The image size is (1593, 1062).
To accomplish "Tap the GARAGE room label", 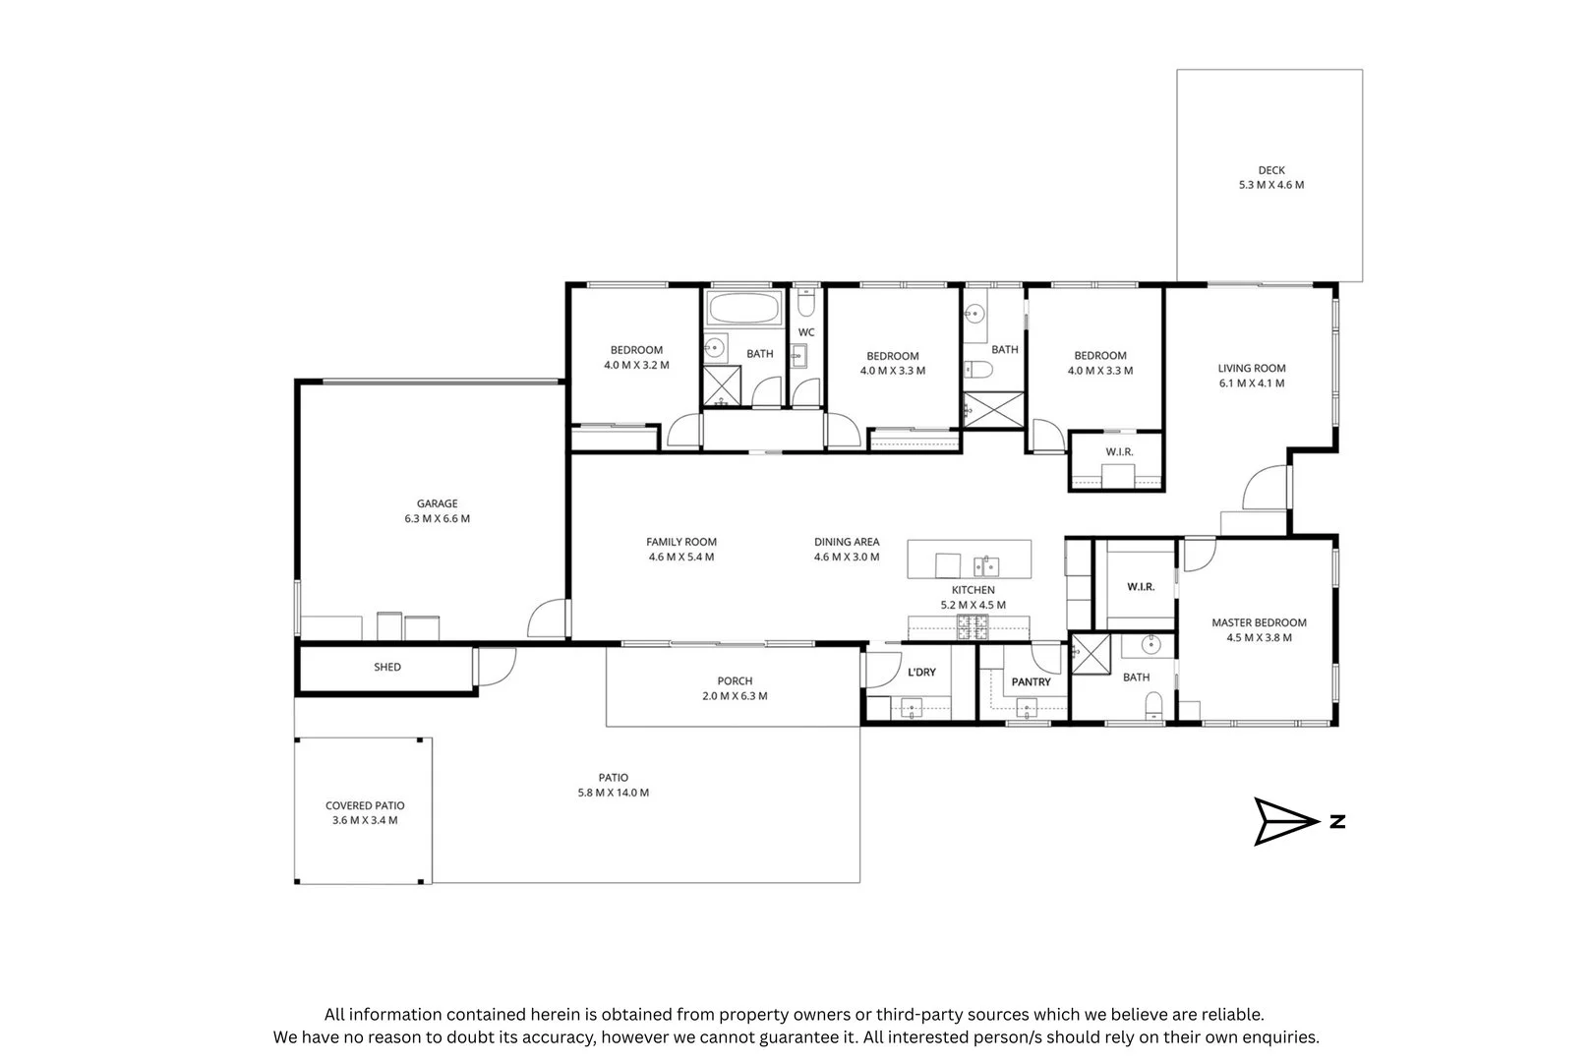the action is pos(437,503).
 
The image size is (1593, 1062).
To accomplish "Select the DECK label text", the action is pos(1271,171).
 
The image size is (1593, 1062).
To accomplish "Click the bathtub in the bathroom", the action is pos(743,309).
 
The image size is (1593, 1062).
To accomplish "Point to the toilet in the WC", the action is pos(805,302).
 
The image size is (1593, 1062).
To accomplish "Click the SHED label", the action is pos(387,668).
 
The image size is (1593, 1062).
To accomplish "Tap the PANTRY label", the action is pos(1032,682).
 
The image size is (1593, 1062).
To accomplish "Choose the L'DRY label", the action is pos(921,673).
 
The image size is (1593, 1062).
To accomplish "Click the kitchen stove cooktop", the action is pos(973,627).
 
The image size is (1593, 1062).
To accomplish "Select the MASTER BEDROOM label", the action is pos(1259,623).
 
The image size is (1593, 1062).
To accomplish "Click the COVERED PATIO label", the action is pos(365,806).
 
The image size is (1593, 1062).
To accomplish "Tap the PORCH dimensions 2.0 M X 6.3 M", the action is pos(735,696).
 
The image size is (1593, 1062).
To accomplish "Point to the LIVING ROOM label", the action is pos(1252,369).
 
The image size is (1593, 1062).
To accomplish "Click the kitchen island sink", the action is pos(985,566).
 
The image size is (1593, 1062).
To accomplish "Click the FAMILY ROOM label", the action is pos(681,542).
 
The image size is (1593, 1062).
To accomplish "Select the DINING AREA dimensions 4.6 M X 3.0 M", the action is pos(847,557).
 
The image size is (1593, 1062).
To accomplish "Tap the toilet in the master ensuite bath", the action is pos(1153,705).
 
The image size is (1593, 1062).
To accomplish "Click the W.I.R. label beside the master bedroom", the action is pos(1141,587).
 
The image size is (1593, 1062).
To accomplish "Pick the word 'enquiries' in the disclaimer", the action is pos(1282,1037).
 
